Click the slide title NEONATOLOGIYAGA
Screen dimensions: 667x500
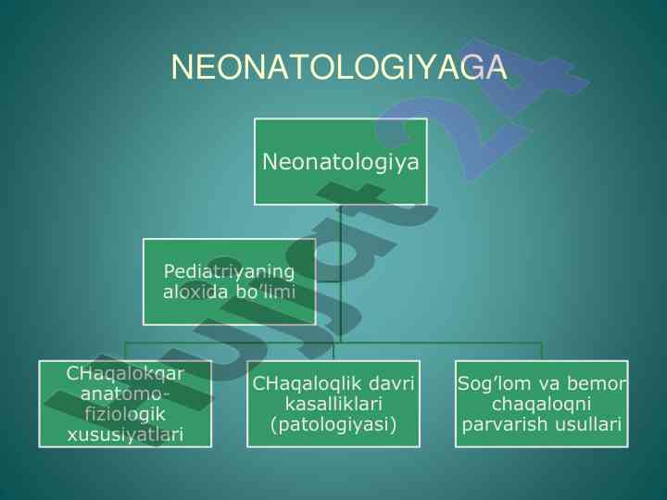click(x=339, y=68)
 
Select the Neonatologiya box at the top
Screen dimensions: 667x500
click(x=340, y=161)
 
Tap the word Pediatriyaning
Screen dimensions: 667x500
click(x=229, y=272)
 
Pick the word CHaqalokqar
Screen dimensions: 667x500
click(x=125, y=374)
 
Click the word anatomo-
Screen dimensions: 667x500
click(x=125, y=394)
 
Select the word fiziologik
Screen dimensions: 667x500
click(x=125, y=415)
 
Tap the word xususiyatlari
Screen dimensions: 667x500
click(x=125, y=434)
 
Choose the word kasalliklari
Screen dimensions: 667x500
click(x=333, y=404)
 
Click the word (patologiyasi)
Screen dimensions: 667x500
click(x=333, y=424)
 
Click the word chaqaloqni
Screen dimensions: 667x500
click(x=541, y=404)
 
